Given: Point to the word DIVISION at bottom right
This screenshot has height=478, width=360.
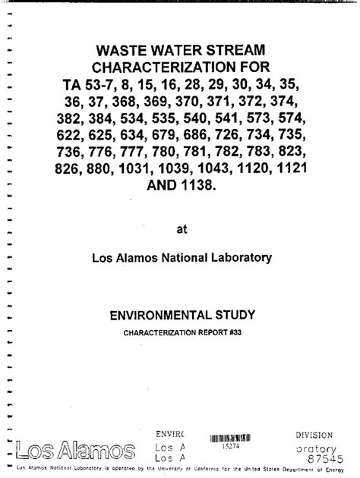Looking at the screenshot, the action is point(314,435).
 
